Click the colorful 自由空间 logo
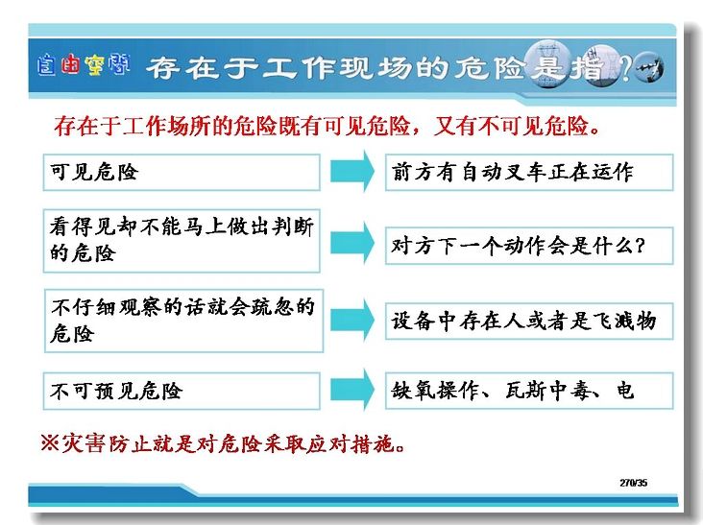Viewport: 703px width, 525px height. click(x=84, y=66)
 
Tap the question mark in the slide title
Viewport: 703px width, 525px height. click(x=626, y=68)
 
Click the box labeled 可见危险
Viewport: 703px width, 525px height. click(x=182, y=173)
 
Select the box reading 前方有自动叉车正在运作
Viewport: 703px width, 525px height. click(x=529, y=173)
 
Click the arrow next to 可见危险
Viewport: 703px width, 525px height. click(x=352, y=172)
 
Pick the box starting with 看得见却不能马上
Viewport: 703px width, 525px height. click(x=182, y=241)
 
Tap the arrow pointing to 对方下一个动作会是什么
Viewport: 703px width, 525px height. click(x=352, y=243)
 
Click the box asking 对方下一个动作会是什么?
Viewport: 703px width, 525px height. click(x=529, y=246)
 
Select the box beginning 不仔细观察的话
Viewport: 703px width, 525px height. click(x=183, y=321)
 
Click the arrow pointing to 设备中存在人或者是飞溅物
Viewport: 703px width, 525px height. click(x=352, y=321)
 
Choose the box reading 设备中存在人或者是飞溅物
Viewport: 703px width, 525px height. click(x=529, y=322)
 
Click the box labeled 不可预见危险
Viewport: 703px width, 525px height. click(x=182, y=391)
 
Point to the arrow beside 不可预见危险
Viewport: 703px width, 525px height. click(x=352, y=390)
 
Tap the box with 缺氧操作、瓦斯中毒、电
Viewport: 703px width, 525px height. click(x=529, y=391)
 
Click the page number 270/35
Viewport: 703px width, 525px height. click(x=634, y=483)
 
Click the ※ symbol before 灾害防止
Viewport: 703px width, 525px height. click(x=50, y=443)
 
